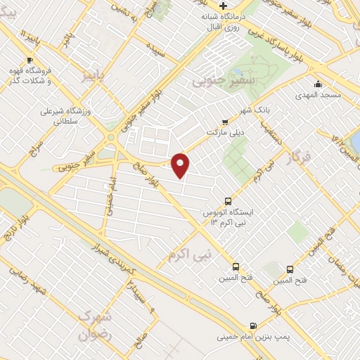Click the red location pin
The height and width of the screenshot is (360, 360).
(x=181, y=164)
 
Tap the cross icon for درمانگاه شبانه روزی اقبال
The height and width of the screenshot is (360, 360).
(x=223, y=6)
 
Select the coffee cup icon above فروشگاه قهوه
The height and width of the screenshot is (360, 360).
(x=29, y=60)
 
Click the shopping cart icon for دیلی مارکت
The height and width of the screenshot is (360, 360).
(x=224, y=120)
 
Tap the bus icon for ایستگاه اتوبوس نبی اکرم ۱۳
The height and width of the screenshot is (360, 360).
(x=228, y=200)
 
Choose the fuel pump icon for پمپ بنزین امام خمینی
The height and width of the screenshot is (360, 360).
(x=252, y=326)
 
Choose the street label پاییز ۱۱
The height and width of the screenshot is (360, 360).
(x=27, y=37)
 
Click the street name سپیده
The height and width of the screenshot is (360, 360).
(x=155, y=51)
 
